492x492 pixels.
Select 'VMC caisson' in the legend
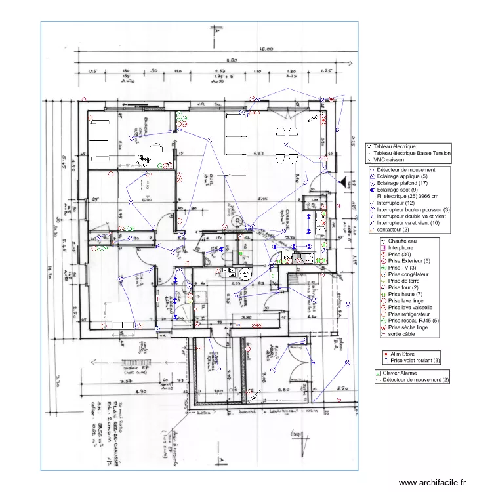[x=388, y=159]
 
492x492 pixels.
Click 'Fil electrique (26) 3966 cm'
[x=408, y=196]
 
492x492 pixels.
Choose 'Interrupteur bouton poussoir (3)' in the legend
[x=413, y=209]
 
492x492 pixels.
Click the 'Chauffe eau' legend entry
[x=402, y=241]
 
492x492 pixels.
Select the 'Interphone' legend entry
[x=401, y=248]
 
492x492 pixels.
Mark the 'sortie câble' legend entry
[x=403, y=333]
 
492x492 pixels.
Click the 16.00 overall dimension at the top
[x=266, y=49]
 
